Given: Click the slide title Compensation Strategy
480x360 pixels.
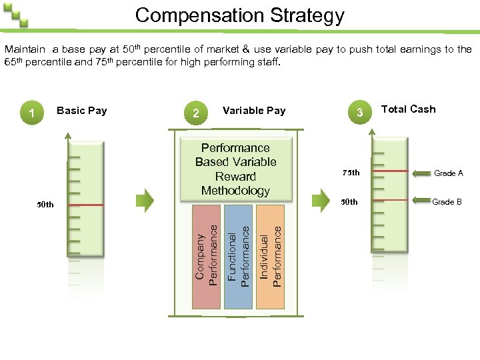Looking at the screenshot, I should click(x=240, y=15).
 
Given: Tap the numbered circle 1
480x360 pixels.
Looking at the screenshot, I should click(x=32, y=113).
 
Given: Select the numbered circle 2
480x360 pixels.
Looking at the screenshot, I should click(x=195, y=113).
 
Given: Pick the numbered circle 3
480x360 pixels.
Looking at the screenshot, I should click(x=360, y=113).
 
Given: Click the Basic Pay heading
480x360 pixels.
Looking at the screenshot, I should click(x=82, y=110).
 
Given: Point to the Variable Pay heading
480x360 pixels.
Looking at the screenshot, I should click(x=254, y=111).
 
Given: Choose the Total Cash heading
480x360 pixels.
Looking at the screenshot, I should click(x=408, y=109).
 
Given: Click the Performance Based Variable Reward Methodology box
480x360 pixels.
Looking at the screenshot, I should click(x=235, y=169).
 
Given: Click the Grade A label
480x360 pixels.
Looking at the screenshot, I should click(x=449, y=173).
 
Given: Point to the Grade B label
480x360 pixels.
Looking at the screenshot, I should click(x=447, y=201).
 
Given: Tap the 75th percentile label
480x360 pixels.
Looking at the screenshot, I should click(x=351, y=173).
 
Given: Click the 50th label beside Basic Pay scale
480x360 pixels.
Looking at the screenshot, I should click(x=45, y=205).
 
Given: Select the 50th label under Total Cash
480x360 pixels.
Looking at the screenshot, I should click(x=349, y=201).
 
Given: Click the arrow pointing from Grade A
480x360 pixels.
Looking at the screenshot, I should click(x=420, y=173).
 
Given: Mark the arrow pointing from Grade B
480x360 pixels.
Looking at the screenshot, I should click(x=420, y=201).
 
